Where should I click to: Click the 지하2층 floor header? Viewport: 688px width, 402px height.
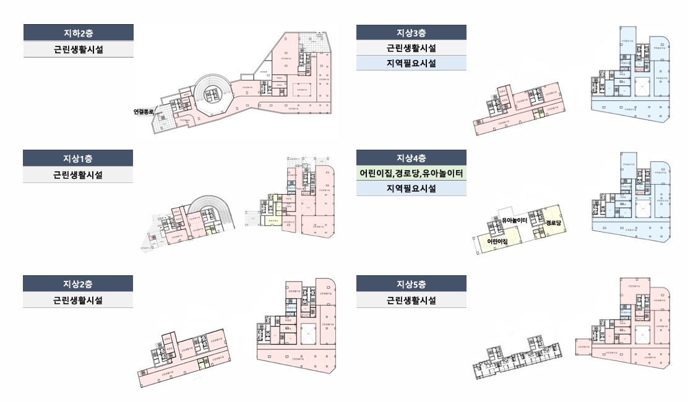coord(78,32)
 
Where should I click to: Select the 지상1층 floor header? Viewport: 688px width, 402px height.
coord(78,158)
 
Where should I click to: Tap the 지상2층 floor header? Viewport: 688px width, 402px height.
coord(78,284)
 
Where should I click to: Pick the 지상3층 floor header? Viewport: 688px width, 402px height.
coord(411,32)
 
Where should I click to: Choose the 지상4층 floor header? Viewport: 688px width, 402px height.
coord(411,158)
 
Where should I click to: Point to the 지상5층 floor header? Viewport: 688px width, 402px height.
coord(411,284)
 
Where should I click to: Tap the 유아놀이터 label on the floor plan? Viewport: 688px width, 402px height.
coord(514,221)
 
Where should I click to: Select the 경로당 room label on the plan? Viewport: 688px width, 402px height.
coord(554,222)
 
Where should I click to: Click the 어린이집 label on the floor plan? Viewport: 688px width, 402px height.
coord(497,242)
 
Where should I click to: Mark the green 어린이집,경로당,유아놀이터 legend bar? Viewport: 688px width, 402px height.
coord(411,173)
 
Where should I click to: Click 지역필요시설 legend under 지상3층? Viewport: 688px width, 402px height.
coord(411,62)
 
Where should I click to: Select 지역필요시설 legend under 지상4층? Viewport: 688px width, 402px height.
coord(411,188)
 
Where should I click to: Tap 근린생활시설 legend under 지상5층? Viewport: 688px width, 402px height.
coord(411,300)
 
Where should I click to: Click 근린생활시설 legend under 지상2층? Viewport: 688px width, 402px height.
coord(78,300)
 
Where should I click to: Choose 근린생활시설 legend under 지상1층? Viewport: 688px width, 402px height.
coord(78,174)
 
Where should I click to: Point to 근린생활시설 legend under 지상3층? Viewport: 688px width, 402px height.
coord(411,48)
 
